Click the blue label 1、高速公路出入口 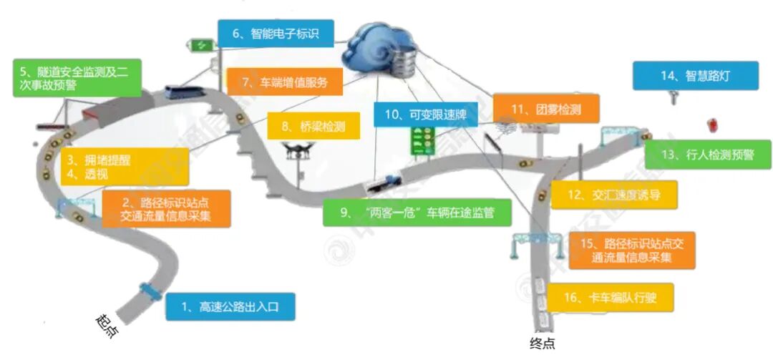coord(230,307)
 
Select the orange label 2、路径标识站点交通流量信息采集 coord(166,208)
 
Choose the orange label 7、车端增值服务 coord(284,82)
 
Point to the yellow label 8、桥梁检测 coord(313,127)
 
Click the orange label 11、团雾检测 coord(545,110)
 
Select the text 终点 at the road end coord(542,344)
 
